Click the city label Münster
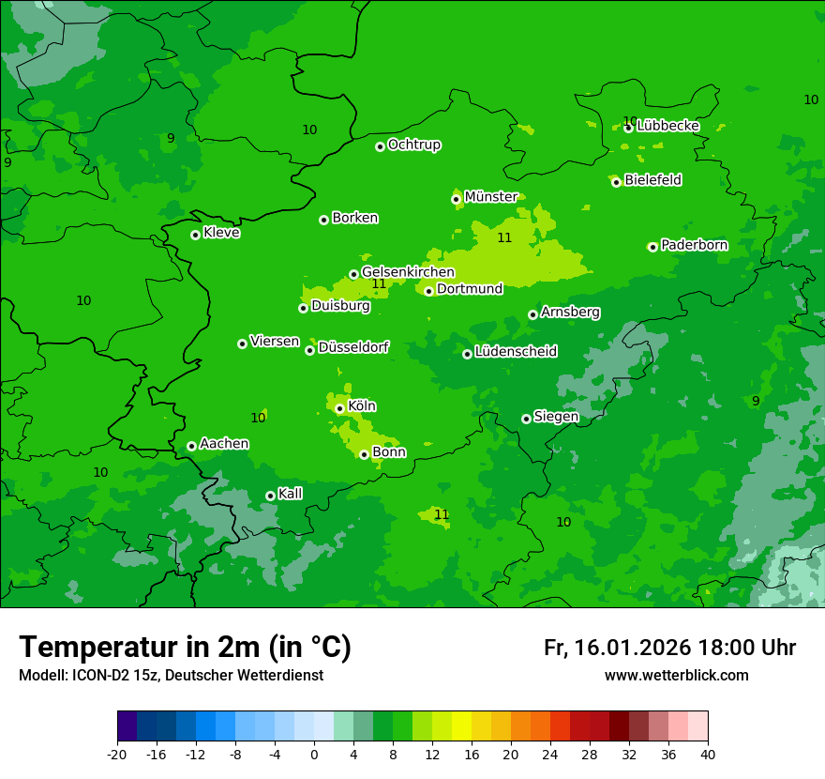490,197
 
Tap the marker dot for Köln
339,408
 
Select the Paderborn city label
694,245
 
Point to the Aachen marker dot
191,446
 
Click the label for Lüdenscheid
516,352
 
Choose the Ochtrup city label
413,145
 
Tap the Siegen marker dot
526,419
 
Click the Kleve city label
221,233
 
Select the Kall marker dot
270,496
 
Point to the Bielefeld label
652,180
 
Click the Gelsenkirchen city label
408,272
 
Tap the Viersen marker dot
242,344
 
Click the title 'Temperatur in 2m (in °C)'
185,648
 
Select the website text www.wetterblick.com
676,676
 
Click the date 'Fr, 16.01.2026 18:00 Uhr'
669,648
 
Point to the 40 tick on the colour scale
708,754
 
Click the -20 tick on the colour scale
117,754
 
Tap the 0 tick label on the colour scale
314,754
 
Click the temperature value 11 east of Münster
504,237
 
